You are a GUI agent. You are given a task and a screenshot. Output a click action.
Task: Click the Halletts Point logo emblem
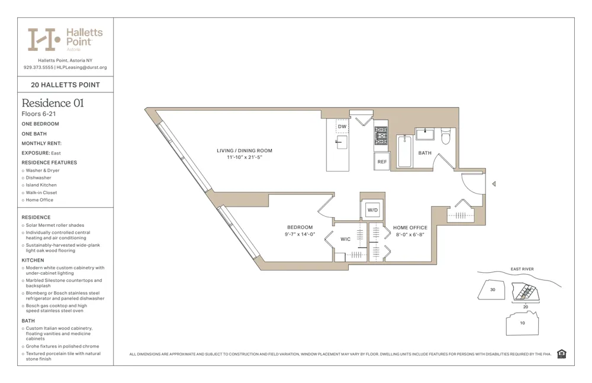pos(44,40)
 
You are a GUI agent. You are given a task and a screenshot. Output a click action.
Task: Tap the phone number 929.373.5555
pos(38,67)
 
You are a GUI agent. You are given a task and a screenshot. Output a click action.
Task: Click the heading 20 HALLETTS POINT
pos(65,85)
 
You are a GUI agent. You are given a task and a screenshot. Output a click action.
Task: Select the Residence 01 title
pos(53,103)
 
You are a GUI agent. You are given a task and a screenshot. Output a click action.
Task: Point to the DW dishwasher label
pos(342,127)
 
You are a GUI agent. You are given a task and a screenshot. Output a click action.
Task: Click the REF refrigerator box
pos(382,162)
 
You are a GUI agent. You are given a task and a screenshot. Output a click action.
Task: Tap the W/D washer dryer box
pos(372,210)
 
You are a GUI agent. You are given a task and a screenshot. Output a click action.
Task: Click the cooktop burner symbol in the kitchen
pos(381,136)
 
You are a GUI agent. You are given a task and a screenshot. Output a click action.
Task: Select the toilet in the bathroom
pos(446,137)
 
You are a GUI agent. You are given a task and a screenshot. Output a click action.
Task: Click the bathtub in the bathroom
pos(404,151)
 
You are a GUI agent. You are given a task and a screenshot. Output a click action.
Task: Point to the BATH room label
pos(425,153)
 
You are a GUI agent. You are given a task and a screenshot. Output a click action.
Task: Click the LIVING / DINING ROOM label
pos(244,150)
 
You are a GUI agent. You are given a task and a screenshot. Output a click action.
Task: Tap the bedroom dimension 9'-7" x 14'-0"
pos(300,234)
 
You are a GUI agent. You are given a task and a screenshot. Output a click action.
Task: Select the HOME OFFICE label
pos(410,227)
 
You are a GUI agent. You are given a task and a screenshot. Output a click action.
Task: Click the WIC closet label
pos(346,239)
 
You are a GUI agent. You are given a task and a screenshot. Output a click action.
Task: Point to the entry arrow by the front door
pos(494,184)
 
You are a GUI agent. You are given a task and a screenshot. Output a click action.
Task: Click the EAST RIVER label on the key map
pos(522,269)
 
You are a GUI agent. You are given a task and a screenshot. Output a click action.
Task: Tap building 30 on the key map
pos(493,289)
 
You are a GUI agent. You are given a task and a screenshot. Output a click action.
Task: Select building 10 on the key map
pos(522,323)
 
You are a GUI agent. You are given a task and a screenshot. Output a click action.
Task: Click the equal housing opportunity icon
pos(561,354)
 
